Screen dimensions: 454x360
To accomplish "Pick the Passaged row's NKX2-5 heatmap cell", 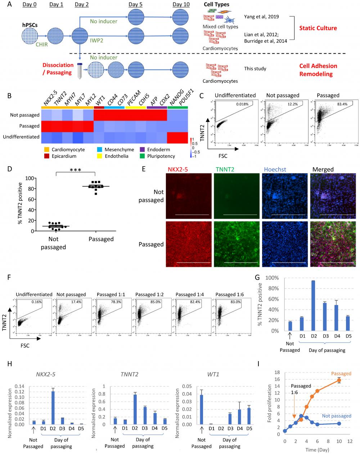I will tap(46, 126).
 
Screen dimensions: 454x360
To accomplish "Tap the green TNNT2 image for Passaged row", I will tap(236, 244).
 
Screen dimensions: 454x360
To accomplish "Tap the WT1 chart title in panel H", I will tap(213, 374).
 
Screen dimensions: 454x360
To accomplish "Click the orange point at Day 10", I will tap(339, 380).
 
